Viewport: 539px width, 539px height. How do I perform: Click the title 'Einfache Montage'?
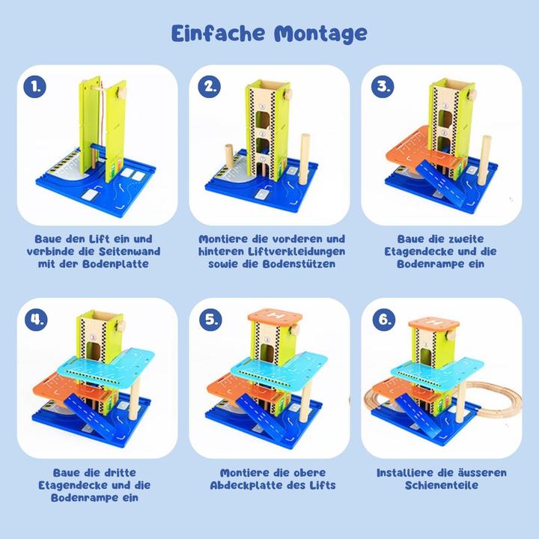[269, 34]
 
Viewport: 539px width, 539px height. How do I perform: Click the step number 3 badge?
[384, 85]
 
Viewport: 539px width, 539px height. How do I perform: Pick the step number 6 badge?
[384, 320]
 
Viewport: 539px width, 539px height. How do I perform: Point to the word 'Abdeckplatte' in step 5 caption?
[252, 485]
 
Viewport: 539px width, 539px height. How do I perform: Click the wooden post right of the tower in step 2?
[305, 159]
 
